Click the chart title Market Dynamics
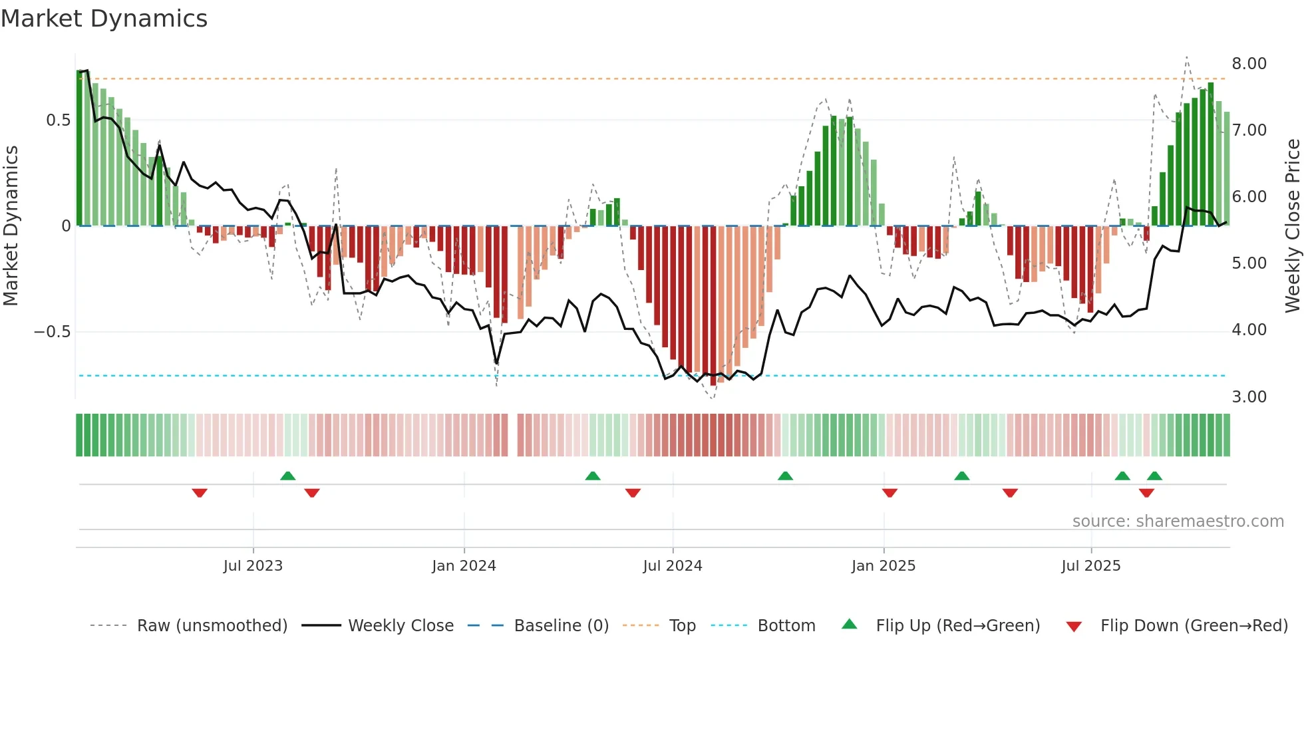coord(104,19)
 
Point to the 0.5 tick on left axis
coord(58,120)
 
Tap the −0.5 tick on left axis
coord(53,332)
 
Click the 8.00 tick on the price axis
coord(1249,64)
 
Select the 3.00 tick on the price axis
coord(1249,397)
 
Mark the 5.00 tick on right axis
coord(1249,263)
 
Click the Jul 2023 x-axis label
coord(253,566)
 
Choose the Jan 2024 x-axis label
coord(464,566)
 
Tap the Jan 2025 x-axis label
coord(884,566)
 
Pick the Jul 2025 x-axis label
coord(1091,566)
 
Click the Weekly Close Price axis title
coord(1292,226)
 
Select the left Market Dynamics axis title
coord(11,226)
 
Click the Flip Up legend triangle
coord(850,625)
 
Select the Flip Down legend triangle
coord(1074,627)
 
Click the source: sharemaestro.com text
coord(1178,521)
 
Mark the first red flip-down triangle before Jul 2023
coord(200,493)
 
